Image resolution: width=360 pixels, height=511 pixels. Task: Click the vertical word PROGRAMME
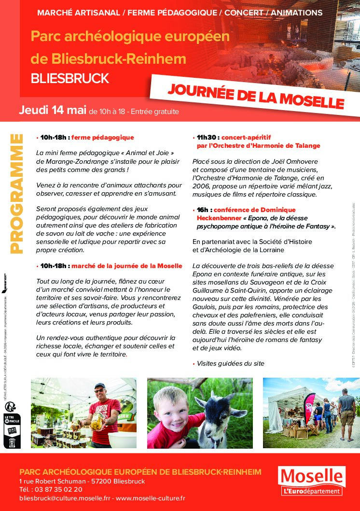[x=16, y=193]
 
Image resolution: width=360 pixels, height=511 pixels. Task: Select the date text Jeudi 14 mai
[x=52, y=110]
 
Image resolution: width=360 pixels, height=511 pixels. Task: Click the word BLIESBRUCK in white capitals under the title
[x=69, y=78]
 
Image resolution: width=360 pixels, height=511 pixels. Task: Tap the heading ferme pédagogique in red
[x=102, y=138]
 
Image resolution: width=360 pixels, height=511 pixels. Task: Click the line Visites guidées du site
[x=230, y=363]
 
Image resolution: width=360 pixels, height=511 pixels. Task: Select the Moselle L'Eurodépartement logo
[x=312, y=481]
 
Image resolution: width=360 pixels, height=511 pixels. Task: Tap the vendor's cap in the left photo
[x=99, y=386]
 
